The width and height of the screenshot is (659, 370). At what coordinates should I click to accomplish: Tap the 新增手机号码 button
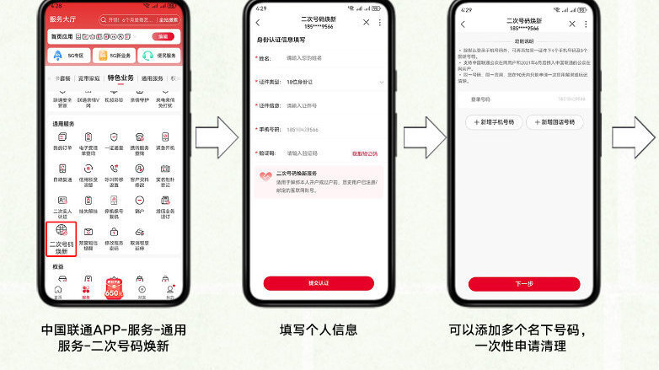click(494, 122)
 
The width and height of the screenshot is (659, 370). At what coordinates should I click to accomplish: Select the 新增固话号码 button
click(555, 122)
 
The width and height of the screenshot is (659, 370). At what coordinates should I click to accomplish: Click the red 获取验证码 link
click(364, 153)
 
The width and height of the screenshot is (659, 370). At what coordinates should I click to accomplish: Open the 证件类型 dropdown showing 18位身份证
click(329, 82)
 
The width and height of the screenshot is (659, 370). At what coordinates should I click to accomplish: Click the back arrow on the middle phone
click(258, 23)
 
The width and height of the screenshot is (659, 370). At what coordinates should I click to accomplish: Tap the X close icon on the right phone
click(572, 24)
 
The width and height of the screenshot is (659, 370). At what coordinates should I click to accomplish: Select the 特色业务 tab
click(121, 78)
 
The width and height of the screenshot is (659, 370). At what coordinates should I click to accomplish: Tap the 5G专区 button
click(68, 56)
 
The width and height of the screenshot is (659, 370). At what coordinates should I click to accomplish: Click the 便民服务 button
click(159, 56)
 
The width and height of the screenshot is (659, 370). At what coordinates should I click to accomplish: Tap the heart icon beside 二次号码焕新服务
click(266, 176)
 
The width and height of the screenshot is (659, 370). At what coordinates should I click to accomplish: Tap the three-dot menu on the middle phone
click(379, 23)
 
